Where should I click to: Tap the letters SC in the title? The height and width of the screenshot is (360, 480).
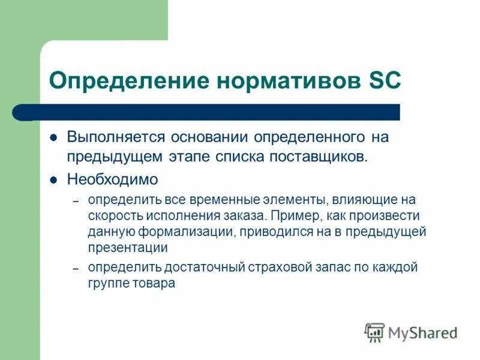[x=382, y=80]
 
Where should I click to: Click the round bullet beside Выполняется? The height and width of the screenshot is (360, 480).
[x=53, y=137]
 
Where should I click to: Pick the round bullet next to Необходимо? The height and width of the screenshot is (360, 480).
[x=53, y=179]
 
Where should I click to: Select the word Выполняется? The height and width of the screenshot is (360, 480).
[x=116, y=137]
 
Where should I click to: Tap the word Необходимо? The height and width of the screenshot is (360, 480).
[x=112, y=179]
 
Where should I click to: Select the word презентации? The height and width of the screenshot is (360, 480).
[x=127, y=247]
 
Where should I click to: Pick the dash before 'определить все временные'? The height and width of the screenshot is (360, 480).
[x=76, y=200]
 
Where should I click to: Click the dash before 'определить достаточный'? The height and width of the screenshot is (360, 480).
[x=76, y=268]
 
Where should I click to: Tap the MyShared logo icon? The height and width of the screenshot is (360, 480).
[x=374, y=332]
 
